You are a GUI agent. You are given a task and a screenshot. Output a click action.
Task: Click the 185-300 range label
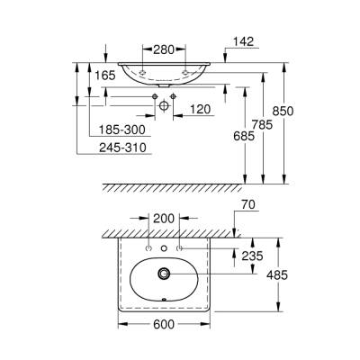click(x=124, y=130)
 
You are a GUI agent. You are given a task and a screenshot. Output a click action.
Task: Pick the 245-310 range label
click(x=124, y=149)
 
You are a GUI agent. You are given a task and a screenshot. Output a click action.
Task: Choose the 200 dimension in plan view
click(x=164, y=219)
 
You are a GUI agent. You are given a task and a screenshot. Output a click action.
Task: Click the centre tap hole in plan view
click(x=164, y=247)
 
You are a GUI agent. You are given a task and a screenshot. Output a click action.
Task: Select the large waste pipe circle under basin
click(x=164, y=104)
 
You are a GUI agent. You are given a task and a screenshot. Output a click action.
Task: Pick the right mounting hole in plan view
click(x=180, y=247)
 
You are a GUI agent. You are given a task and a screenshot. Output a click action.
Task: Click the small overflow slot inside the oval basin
click(x=164, y=302)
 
